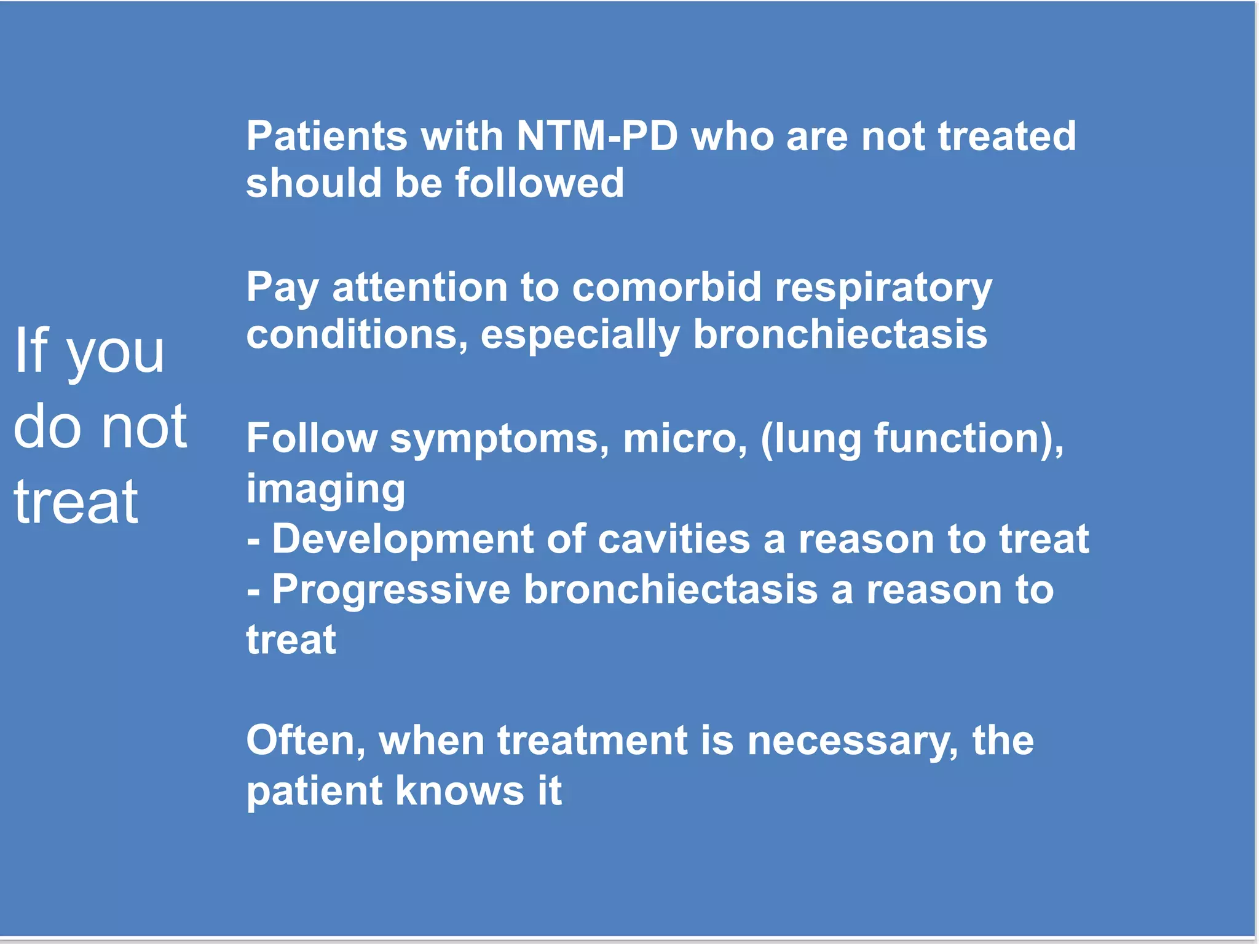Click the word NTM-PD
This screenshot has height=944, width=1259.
click(597, 136)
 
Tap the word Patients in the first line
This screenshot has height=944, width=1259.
click(326, 136)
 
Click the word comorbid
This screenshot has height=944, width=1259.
click(666, 287)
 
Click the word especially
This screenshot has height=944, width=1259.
click(580, 336)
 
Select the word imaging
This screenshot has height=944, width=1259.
click(326, 490)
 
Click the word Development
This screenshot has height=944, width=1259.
click(402, 539)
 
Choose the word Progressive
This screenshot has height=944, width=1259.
click(391, 589)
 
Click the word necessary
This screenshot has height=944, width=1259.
click(851, 741)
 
